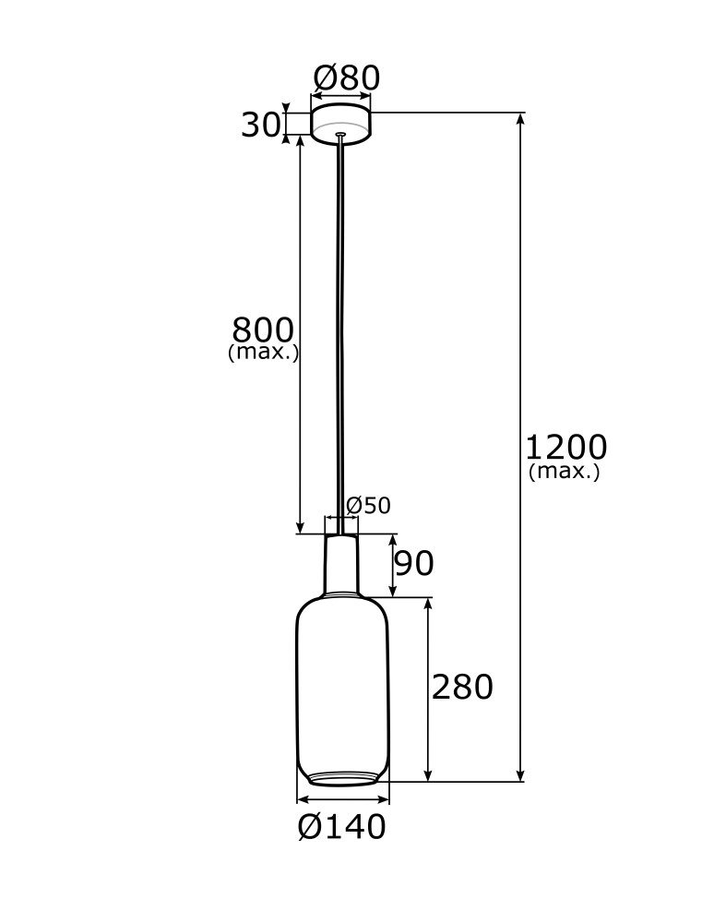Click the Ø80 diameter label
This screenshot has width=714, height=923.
click(x=346, y=78)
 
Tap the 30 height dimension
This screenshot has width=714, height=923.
click(x=259, y=125)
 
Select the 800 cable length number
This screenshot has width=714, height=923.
click(x=263, y=330)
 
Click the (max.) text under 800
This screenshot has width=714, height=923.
click(x=263, y=353)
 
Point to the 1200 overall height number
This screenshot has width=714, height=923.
click(x=565, y=448)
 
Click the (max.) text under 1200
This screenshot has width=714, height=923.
click(x=565, y=472)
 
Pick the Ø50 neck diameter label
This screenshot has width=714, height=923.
click(x=368, y=506)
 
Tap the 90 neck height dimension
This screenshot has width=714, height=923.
click(x=414, y=563)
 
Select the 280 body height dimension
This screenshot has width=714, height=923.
click(x=462, y=688)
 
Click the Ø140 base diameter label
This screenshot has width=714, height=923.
click(x=341, y=828)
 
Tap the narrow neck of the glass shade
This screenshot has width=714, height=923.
click(x=341, y=563)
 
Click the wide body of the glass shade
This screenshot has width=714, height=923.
click(x=342, y=683)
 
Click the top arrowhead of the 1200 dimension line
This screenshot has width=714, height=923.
click(x=521, y=118)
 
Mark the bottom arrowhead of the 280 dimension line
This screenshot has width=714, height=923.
click(x=428, y=776)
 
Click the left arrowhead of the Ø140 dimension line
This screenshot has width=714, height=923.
click(x=301, y=799)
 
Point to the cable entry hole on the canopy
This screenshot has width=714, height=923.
click(x=341, y=135)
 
